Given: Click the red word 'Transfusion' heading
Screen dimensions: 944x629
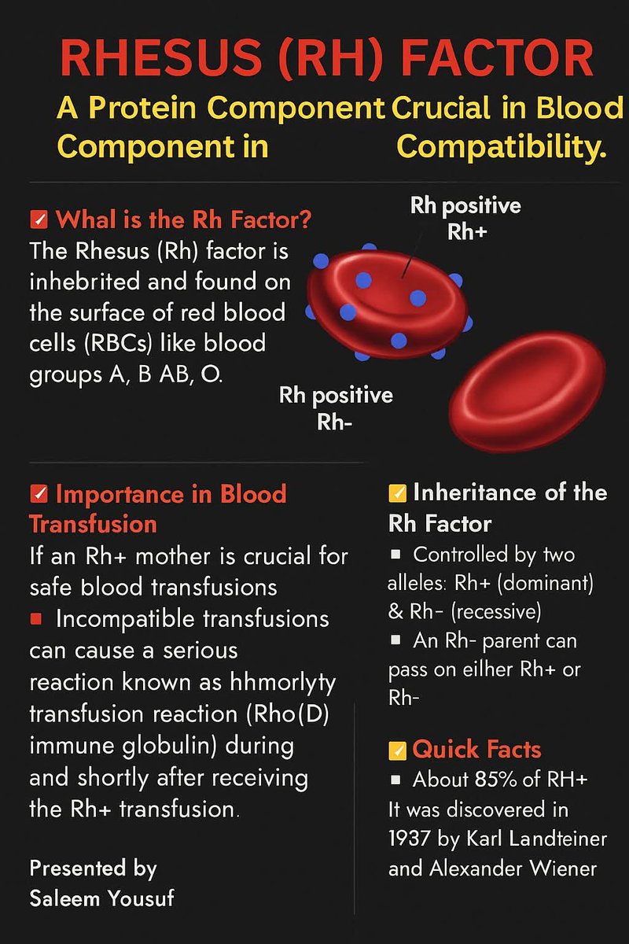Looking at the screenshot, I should (93, 524).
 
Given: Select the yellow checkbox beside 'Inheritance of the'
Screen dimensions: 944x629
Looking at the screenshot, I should (398, 494).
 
